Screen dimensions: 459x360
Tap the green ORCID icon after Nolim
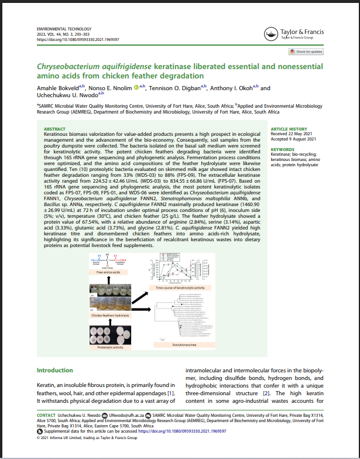point(135,88)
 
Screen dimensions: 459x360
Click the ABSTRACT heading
point(55,129)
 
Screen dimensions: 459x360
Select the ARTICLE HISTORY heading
point(289,129)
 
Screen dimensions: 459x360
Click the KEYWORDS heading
point(282,149)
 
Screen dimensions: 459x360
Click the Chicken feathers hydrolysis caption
point(111,315)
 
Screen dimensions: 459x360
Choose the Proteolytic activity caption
point(111,347)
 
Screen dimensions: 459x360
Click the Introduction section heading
point(55,371)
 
